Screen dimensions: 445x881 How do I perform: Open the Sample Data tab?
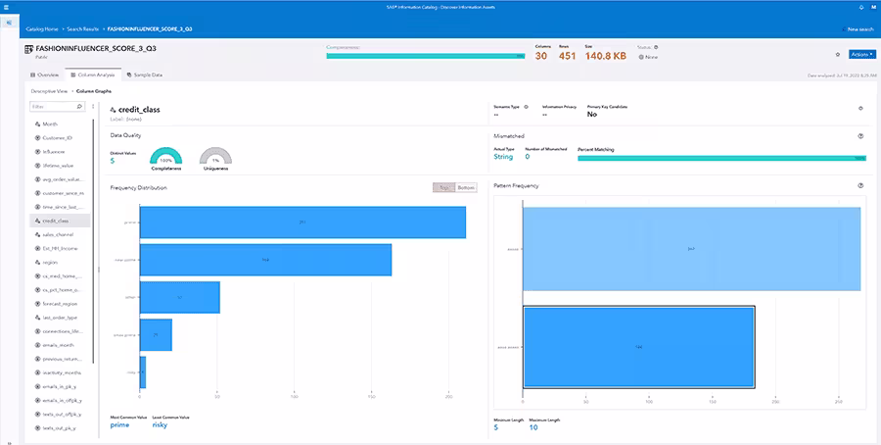click(144, 74)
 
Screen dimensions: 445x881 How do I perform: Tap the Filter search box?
click(57, 107)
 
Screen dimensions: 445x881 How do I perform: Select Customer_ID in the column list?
click(60, 138)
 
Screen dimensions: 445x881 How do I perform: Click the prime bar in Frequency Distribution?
click(302, 222)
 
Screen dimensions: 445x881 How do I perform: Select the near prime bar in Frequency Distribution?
click(265, 260)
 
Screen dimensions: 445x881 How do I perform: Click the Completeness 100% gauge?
click(165, 159)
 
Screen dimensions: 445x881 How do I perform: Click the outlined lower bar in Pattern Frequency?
click(638, 346)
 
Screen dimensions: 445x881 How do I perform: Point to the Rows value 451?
click(567, 56)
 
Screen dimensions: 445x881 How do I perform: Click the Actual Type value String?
click(504, 156)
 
